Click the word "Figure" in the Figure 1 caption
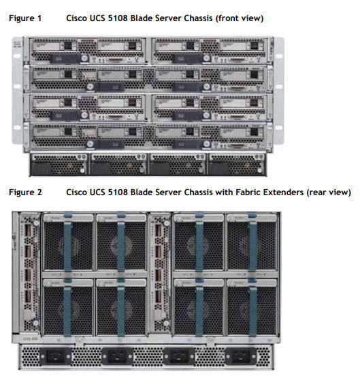[x=21, y=18]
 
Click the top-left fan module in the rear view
[x=68, y=242]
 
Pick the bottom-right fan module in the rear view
[x=252, y=307]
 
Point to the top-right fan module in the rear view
[x=252, y=242]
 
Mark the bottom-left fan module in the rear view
[x=68, y=307]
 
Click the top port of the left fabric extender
[x=28, y=231]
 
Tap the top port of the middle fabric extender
[x=158, y=231]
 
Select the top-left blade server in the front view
[x=87, y=51]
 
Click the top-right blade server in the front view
[x=210, y=51]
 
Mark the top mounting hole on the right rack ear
[x=279, y=56]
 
